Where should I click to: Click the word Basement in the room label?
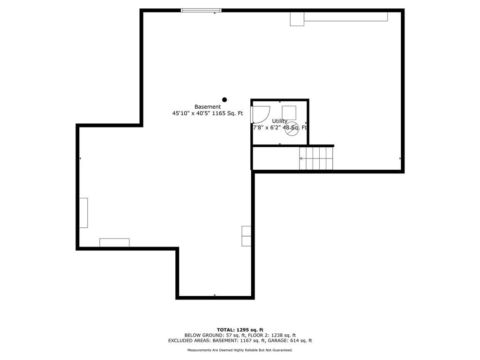208,107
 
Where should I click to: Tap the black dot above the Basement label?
225,99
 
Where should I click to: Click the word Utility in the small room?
279,121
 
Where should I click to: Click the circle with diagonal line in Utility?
292,129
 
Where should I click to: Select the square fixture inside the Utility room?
289,112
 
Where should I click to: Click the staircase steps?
316,158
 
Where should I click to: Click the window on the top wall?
201,10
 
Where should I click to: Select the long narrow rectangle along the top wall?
346,16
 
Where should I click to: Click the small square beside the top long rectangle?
297,19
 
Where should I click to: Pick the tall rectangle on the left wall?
83,213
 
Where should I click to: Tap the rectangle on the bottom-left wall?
114,242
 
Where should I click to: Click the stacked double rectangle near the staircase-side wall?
247,236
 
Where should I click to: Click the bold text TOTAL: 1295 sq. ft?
240,330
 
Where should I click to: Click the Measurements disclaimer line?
240,350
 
